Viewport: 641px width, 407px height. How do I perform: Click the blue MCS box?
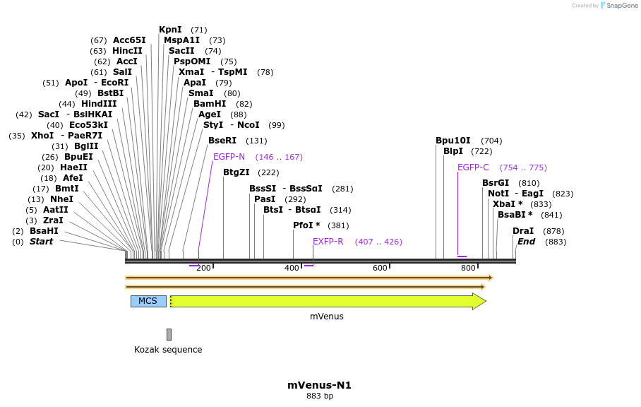coord(148,301)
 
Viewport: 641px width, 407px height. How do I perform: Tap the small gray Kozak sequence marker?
coord(169,334)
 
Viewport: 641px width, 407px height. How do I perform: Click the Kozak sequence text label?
coord(168,350)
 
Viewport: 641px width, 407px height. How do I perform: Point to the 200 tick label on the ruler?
coord(203,269)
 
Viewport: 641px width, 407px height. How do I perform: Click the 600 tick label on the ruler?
coord(381,269)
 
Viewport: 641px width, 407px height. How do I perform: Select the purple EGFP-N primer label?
coord(229,157)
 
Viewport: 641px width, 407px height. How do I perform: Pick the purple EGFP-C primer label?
coord(473,167)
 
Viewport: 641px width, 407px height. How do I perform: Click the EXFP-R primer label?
coord(328,242)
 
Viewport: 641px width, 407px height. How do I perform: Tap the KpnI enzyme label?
coord(170,30)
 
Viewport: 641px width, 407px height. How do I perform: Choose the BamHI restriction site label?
coord(210,104)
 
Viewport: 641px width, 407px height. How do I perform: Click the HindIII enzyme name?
coord(99,104)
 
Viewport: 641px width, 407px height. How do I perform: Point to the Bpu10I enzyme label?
coord(453,141)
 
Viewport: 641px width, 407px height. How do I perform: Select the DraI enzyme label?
coord(523,231)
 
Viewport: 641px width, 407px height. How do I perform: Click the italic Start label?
coord(41,242)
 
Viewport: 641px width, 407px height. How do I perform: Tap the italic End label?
coord(526,242)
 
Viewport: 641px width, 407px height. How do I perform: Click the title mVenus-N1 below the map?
coord(319,385)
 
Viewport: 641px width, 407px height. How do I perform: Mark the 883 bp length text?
coord(319,396)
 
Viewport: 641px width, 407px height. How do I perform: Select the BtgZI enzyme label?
coord(236,172)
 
